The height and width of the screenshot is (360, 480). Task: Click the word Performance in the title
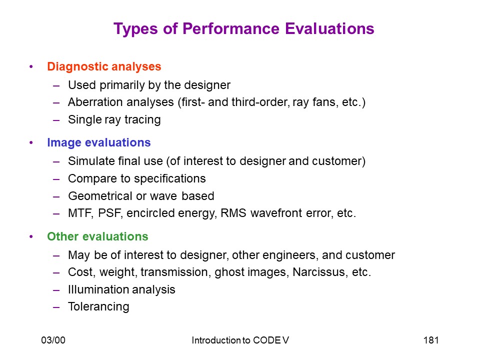tap(231, 28)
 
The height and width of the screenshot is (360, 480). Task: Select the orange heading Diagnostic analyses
tap(104, 66)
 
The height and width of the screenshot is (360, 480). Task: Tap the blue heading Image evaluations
tap(99, 142)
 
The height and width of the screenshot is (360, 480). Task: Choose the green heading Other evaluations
tap(97, 236)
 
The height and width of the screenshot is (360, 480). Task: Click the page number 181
tap(431, 340)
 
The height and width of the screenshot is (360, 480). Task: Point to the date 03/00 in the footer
tap(53, 340)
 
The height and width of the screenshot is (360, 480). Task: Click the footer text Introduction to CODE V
tap(240, 340)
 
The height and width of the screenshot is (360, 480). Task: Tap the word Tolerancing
tap(98, 306)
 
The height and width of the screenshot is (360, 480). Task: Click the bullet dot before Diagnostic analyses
tap(31, 66)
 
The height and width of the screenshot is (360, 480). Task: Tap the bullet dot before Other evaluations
tap(31, 236)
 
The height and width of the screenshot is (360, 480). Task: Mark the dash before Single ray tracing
tap(56, 120)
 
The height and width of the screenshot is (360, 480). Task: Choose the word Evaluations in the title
tap(329, 28)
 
